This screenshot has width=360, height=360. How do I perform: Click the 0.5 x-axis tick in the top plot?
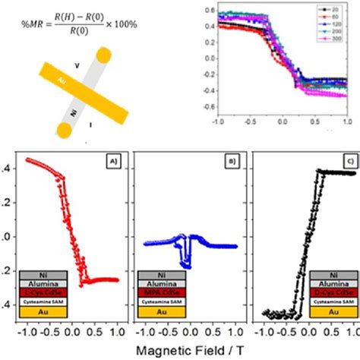[x=314, y=122]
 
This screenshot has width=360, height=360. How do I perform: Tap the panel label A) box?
[x=111, y=160]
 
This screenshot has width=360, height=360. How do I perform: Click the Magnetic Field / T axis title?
[x=180, y=349]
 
